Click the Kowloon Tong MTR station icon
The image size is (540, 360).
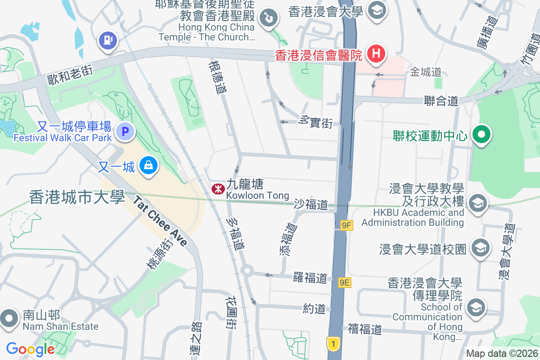218,189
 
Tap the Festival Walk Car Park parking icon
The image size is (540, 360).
125,132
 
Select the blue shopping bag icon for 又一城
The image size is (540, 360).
148,166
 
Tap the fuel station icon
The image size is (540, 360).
108,41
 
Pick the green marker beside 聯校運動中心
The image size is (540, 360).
481,135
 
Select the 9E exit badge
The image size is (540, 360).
345,282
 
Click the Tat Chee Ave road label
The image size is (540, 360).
160,221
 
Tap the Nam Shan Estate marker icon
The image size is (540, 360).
9,318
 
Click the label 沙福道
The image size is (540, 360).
311,204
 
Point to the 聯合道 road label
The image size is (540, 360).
441,101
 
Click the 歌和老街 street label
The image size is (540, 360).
70,74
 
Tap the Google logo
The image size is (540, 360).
31,349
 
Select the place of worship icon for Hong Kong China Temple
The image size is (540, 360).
269,18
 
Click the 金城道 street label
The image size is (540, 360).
426,72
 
